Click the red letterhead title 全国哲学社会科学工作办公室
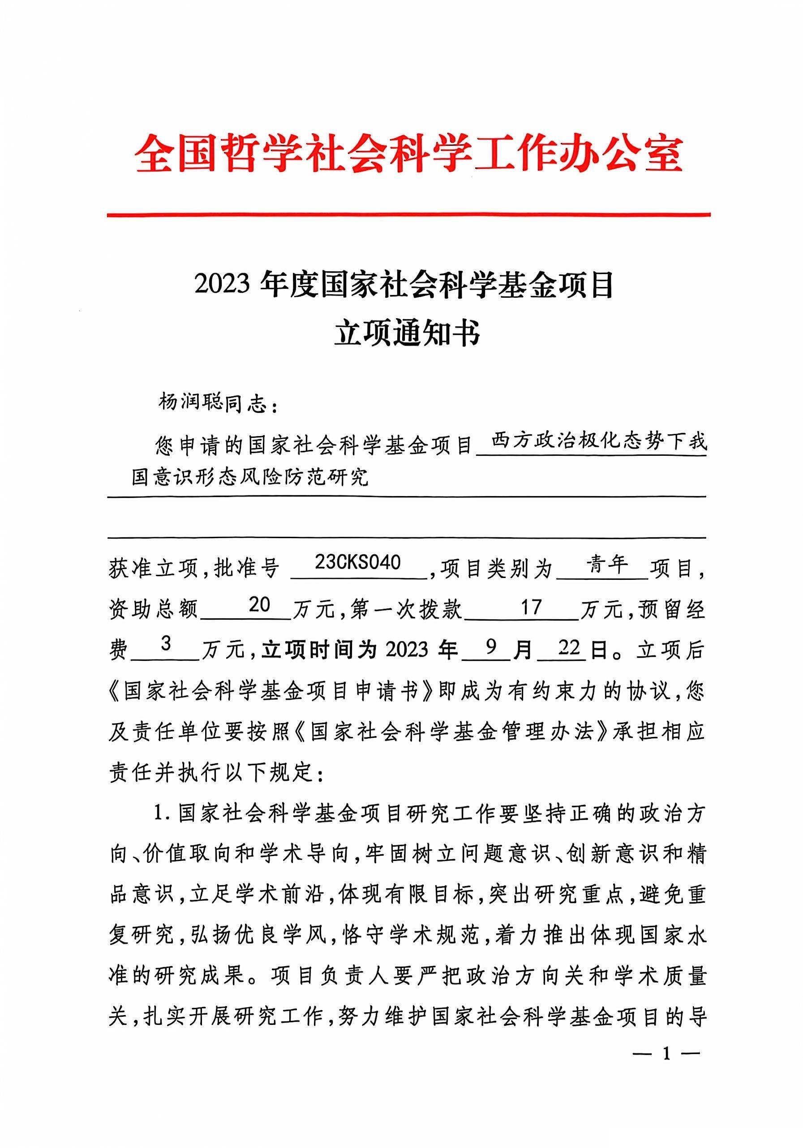pos(408,153)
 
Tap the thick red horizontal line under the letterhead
pos(408,215)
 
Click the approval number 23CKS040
pos(357,562)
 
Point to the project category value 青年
pos(606,564)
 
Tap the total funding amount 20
pos(259,605)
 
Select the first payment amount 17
pos(531,607)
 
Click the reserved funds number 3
pos(166,644)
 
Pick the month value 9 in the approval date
pos(490,647)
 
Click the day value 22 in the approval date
pos(568,647)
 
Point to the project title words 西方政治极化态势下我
pos(598,441)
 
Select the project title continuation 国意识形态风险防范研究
pos(249,477)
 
